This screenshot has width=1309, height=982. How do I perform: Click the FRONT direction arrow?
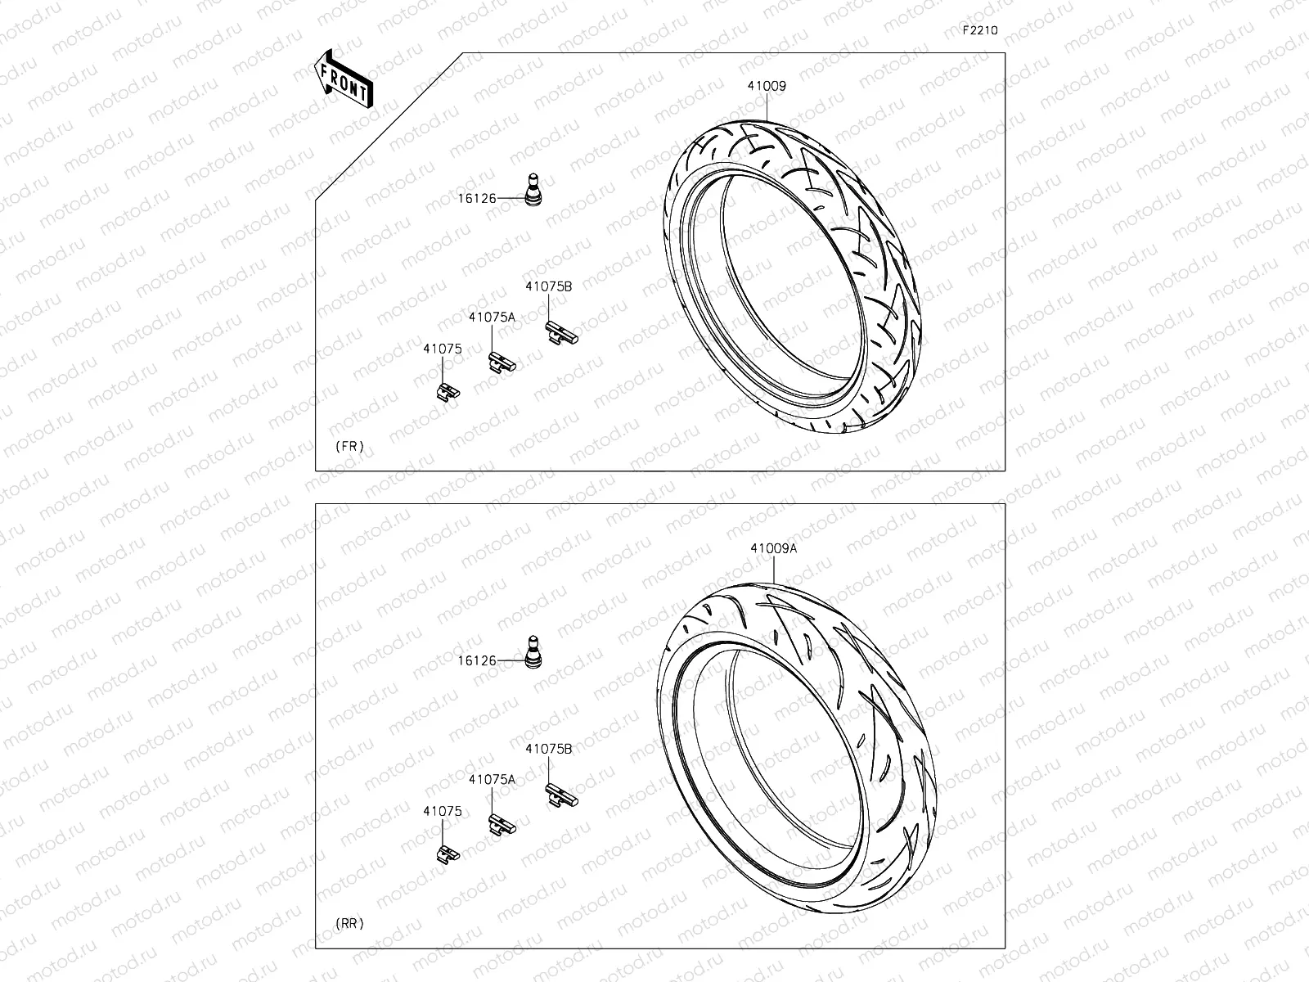(x=343, y=80)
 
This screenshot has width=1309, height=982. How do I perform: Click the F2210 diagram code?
(x=979, y=30)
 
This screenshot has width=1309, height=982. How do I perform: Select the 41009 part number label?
(x=766, y=86)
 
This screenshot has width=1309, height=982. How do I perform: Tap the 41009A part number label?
(x=773, y=549)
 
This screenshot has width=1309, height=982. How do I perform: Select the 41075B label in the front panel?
(x=548, y=286)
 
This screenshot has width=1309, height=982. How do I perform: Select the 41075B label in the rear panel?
(x=548, y=749)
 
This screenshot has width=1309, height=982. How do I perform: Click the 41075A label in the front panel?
(x=492, y=318)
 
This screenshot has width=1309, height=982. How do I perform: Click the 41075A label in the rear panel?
(x=492, y=780)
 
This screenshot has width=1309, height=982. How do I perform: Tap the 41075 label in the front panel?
(x=443, y=349)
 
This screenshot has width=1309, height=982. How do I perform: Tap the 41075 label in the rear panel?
(x=443, y=812)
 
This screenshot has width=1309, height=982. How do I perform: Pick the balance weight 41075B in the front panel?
(x=561, y=331)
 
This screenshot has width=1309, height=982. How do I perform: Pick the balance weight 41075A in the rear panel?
(x=502, y=825)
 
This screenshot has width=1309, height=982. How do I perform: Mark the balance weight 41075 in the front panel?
(x=447, y=391)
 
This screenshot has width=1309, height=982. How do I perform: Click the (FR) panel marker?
(x=349, y=447)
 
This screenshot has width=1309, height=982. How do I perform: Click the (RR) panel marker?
(x=349, y=924)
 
